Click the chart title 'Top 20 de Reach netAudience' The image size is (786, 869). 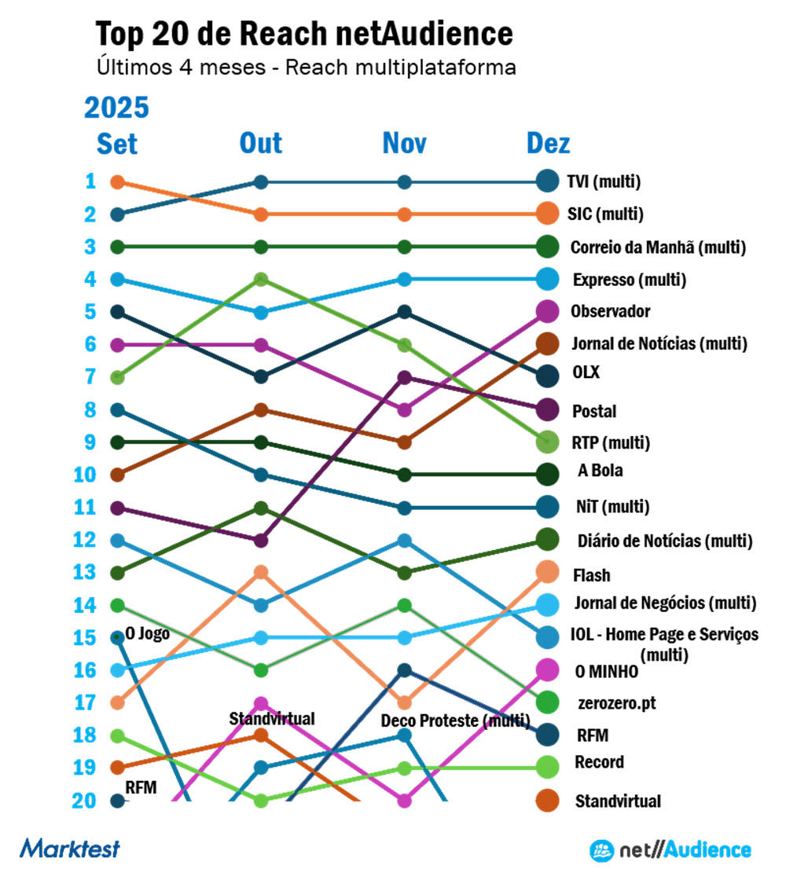click(x=304, y=34)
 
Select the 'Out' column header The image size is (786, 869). click(x=261, y=144)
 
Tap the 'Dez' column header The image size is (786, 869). click(x=548, y=144)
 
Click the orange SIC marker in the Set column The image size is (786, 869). click(x=118, y=182)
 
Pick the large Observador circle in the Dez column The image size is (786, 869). click(x=548, y=312)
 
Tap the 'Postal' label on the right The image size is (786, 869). click(x=595, y=411)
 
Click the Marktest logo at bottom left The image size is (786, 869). click(x=70, y=849)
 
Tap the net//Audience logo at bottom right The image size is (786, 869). click(x=670, y=849)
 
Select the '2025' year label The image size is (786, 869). click(x=116, y=108)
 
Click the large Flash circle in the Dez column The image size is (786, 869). click(x=548, y=573)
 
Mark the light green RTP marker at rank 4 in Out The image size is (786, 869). click(x=262, y=280)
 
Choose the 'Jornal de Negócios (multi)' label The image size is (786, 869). click(x=665, y=603)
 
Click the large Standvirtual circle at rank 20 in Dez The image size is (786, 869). click(x=548, y=801)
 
